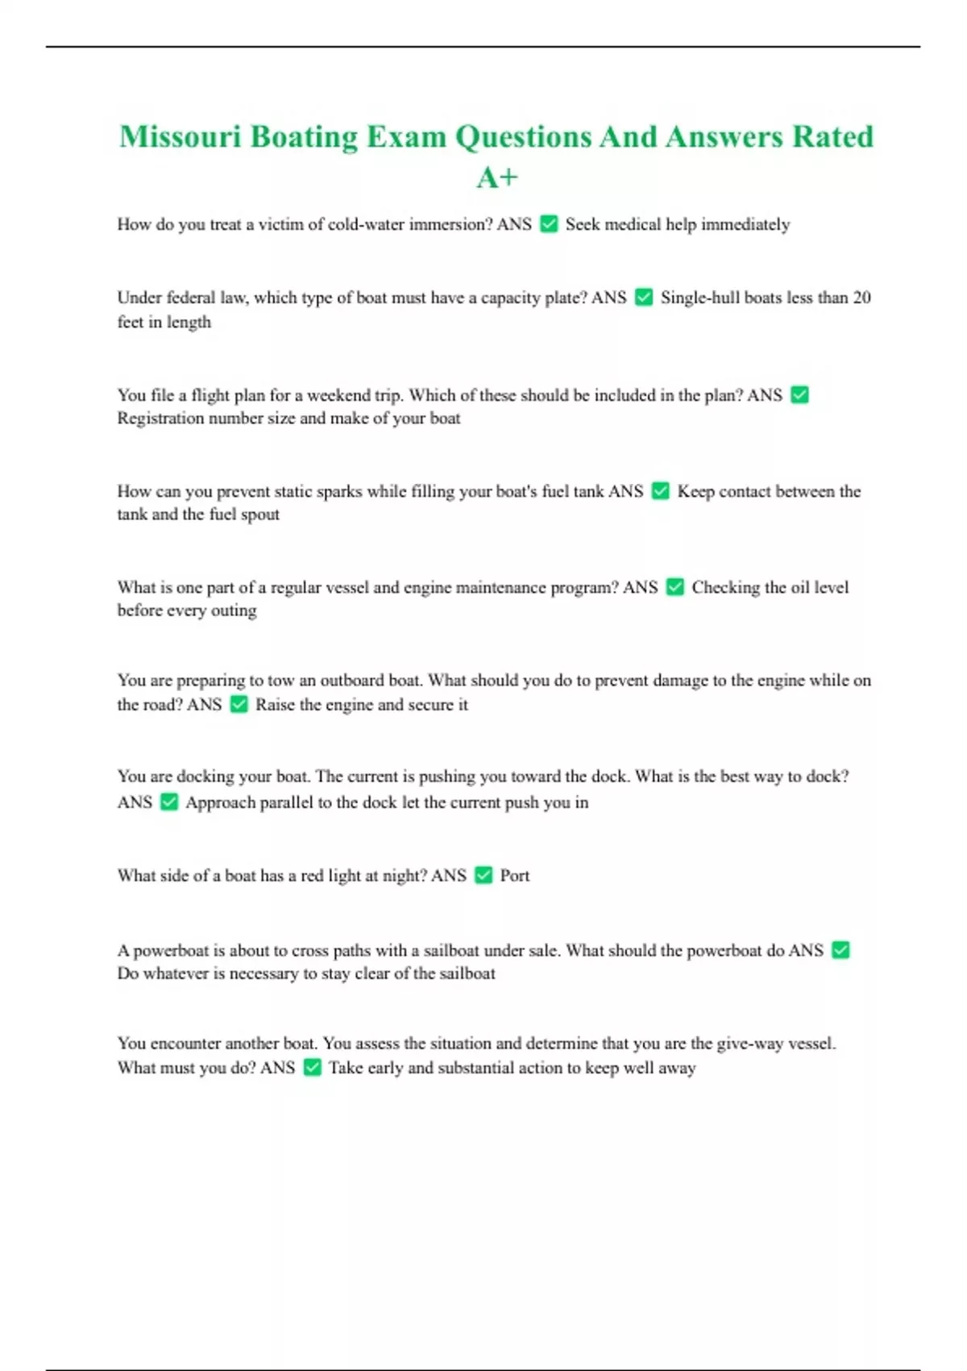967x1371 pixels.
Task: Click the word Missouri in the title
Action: pyautogui.click(x=180, y=136)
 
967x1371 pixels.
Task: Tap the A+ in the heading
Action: pyautogui.click(x=496, y=177)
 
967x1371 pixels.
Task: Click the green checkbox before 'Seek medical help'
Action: pyautogui.click(x=549, y=224)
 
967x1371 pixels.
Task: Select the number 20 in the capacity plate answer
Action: pyautogui.click(x=861, y=298)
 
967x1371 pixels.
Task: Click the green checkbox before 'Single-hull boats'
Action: pyautogui.click(x=644, y=298)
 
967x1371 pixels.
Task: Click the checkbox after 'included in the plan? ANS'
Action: pyautogui.click(x=799, y=394)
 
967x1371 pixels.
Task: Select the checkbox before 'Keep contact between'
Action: pyautogui.click(x=660, y=491)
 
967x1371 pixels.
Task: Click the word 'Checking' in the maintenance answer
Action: pyautogui.click(x=725, y=587)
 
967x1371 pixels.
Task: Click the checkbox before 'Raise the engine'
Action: pyautogui.click(x=239, y=704)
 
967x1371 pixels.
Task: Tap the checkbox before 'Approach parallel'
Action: pyautogui.click(x=168, y=802)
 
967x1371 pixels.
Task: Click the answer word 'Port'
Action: pyautogui.click(x=514, y=876)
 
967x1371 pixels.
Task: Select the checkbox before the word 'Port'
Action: pyautogui.click(x=483, y=876)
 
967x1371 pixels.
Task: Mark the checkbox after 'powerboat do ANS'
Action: pyautogui.click(x=840, y=950)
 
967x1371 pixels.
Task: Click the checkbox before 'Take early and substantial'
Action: pyautogui.click(x=312, y=1068)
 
